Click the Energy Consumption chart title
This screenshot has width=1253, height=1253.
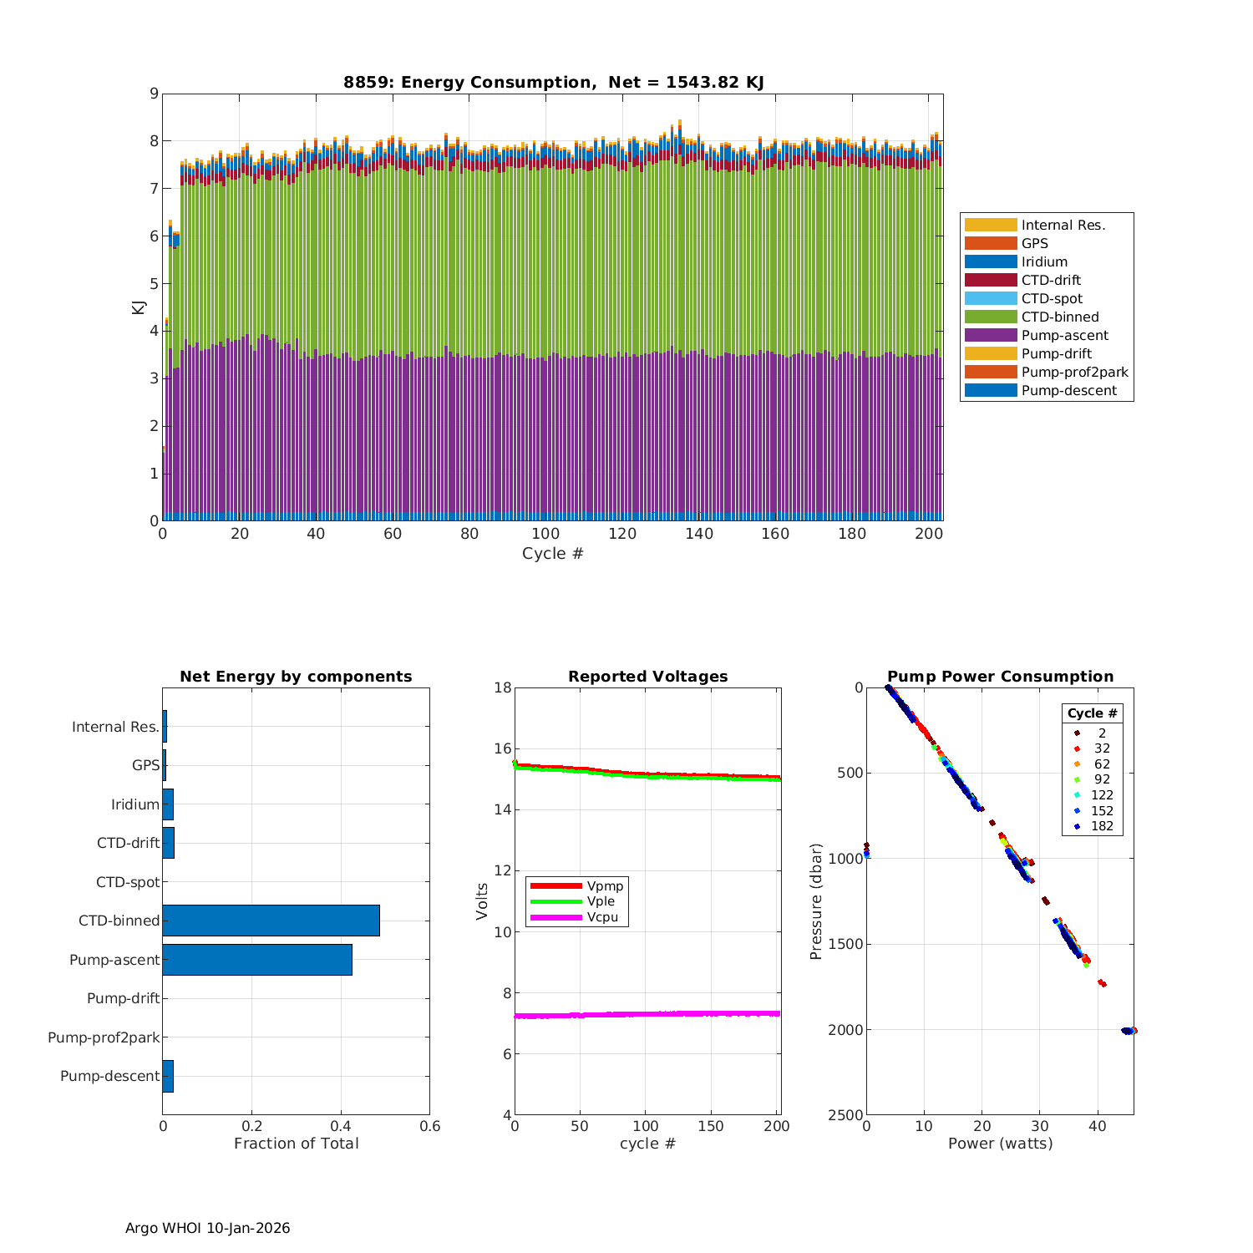tap(553, 82)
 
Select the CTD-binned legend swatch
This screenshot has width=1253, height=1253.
tap(991, 317)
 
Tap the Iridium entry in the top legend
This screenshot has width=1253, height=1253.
tap(1044, 262)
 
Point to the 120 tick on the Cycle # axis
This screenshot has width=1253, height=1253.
tap(622, 535)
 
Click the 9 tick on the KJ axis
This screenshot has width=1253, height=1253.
tap(154, 94)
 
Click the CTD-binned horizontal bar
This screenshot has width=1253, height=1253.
tap(271, 921)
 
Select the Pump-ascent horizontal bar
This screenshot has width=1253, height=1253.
tap(257, 960)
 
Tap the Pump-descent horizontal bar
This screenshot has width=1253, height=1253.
tap(168, 1076)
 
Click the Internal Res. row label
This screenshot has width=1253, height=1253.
tap(115, 727)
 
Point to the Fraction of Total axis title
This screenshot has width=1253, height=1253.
tap(296, 1144)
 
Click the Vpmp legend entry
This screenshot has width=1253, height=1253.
tap(605, 886)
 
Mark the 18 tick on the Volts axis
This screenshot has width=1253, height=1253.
tap(503, 688)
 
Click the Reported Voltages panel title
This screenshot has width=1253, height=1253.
tap(647, 677)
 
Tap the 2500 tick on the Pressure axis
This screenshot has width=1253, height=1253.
tap(847, 1115)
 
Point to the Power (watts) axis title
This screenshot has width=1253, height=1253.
tap(1000, 1144)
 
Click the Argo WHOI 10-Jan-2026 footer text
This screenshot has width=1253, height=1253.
tap(207, 1228)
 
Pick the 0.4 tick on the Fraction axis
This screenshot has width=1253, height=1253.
tap(341, 1126)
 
